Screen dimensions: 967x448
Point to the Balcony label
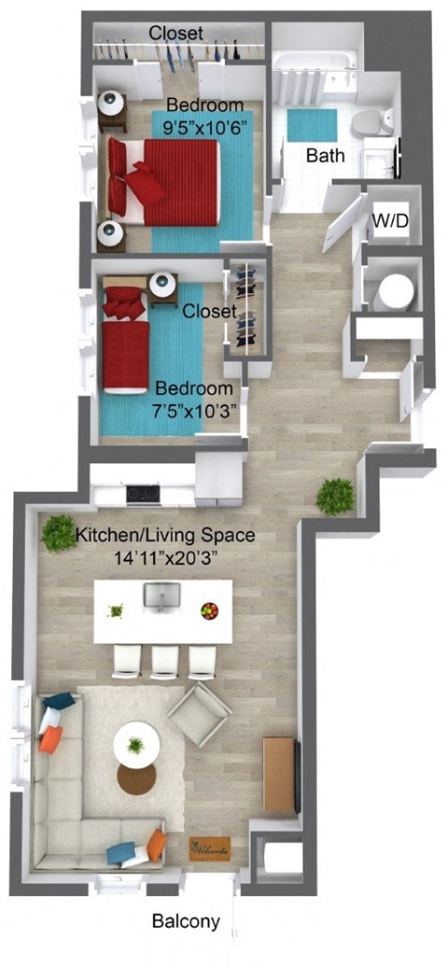pos(187,922)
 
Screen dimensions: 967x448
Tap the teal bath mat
pos(312,125)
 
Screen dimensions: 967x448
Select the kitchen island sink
pos(162,596)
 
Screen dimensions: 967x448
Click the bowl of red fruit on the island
pos(209,610)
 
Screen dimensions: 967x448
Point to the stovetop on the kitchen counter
pos(143,494)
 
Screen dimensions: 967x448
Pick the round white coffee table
pos(136,745)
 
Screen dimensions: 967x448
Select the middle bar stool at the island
pos(164,662)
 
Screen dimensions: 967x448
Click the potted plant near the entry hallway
pos(335,497)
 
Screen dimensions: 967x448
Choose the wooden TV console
pos(280,775)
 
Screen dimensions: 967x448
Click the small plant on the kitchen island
pos(117,610)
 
